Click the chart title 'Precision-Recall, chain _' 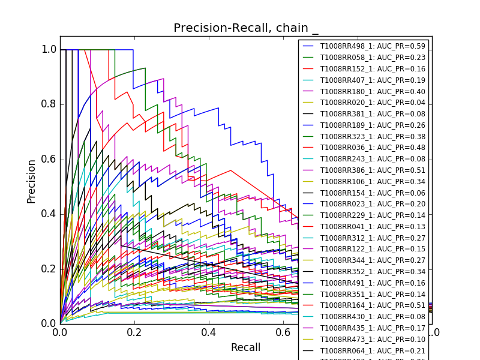click(x=246, y=28)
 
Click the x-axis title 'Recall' click(x=245, y=348)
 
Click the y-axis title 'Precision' click(x=31, y=181)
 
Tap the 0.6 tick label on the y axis click(x=49, y=159)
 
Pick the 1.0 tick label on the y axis click(x=49, y=49)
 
